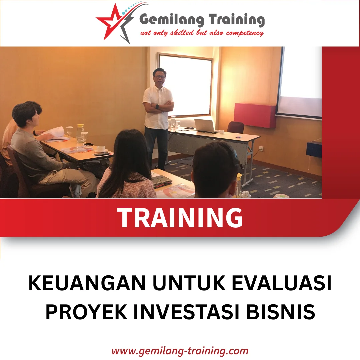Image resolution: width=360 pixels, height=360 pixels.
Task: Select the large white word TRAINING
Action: [180, 217]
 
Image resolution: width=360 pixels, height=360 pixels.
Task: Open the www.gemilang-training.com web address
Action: [180, 351]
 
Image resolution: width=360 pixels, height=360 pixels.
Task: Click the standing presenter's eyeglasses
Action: [159, 77]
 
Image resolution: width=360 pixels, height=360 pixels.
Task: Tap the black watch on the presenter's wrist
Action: [157, 107]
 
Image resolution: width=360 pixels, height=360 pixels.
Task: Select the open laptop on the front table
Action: [205, 126]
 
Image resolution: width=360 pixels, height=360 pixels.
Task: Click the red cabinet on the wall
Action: [255, 115]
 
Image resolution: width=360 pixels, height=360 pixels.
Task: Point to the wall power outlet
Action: [261, 148]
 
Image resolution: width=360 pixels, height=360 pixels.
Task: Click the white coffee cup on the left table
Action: [101, 149]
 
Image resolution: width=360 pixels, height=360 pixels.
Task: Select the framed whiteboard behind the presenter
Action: [186, 85]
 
